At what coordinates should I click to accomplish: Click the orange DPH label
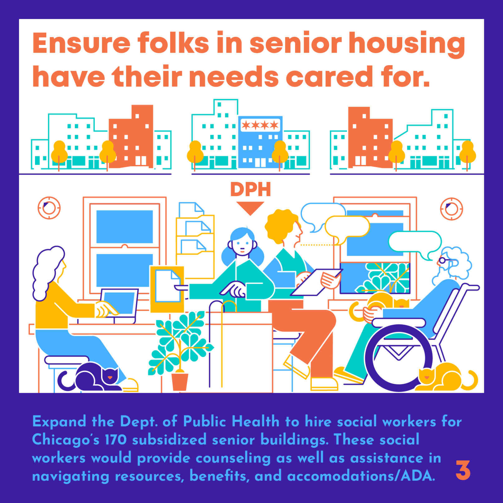coord(251,189)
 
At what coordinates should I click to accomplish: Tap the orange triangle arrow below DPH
coord(250,208)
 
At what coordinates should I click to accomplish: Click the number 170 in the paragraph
coord(115,440)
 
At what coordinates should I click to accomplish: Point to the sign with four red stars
coord(260,125)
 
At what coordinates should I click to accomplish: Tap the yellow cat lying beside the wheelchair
coord(446,378)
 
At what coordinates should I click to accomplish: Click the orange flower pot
coord(180,381)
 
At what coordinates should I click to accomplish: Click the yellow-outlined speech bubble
coord(347,228)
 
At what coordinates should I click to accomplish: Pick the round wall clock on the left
coord(49,208)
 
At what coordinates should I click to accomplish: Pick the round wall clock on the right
coord(452,209)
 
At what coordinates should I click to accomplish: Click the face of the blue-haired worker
coord(242,244)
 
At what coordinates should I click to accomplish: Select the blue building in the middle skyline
coord(260,142)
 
